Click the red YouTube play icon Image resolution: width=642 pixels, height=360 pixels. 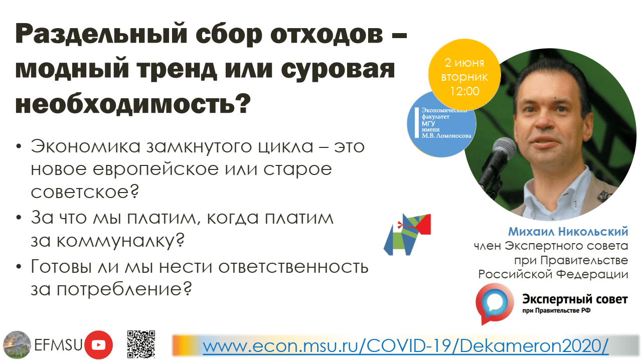tap(98, 345)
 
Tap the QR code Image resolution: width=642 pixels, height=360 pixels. tap(141, 344)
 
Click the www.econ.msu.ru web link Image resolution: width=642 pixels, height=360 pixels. tap(406, 346)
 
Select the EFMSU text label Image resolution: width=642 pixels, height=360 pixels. tap(58, 345)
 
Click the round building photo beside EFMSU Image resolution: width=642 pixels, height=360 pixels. tap(17, 345)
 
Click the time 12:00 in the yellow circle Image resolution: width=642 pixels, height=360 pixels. tap(464, 91)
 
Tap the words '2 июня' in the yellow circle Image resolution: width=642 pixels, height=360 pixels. tap(464, 63)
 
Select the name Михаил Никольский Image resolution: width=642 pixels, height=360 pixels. tap(568, 231)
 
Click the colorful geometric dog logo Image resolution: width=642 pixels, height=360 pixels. tap(407, 234)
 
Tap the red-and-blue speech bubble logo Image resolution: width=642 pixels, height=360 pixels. tap(495, 304)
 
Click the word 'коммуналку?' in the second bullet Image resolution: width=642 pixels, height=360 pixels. tap(120, 241)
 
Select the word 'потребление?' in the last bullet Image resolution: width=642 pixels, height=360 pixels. tap(124, 289)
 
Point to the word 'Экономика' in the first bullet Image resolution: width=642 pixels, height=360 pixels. tap(86, 146)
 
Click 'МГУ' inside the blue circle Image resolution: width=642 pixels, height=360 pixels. tap(428, 123)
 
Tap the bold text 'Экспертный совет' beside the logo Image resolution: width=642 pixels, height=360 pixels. tap(575, 299)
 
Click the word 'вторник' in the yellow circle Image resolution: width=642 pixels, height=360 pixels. tap(464, 77)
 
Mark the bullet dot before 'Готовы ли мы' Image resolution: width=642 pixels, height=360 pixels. tap(19, 267)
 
